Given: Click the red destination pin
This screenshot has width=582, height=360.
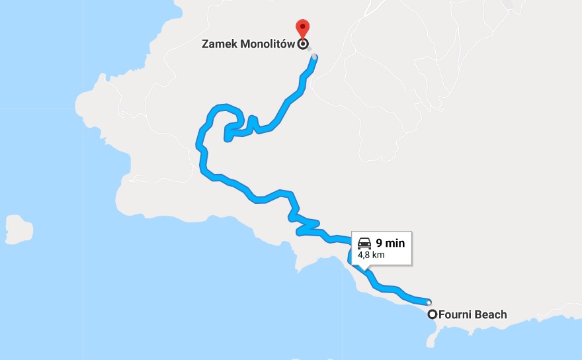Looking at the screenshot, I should click(303, 28).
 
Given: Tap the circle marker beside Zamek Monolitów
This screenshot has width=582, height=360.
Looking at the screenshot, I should click(303, 44).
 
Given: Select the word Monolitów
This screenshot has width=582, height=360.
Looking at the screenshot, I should click(267, 45).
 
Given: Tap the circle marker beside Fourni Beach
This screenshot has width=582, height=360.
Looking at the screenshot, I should click(433, 314).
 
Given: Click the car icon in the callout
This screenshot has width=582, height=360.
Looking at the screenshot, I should click(364, 243).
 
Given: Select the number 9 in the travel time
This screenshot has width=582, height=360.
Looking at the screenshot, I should click(380, 243).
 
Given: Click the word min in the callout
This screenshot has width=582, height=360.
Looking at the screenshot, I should click(395, 243).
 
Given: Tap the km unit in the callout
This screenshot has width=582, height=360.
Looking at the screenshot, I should click(378, 254).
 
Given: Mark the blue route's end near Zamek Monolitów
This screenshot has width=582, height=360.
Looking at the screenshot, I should click(314, 58).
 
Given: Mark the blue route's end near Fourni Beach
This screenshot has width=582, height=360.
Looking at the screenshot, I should click(429, 301).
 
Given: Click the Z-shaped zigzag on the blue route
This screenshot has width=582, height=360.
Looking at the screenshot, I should click(308, 226).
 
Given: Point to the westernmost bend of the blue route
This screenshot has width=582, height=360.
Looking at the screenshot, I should click(199, 140).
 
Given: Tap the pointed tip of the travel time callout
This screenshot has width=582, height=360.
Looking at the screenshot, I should click(363, 269).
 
